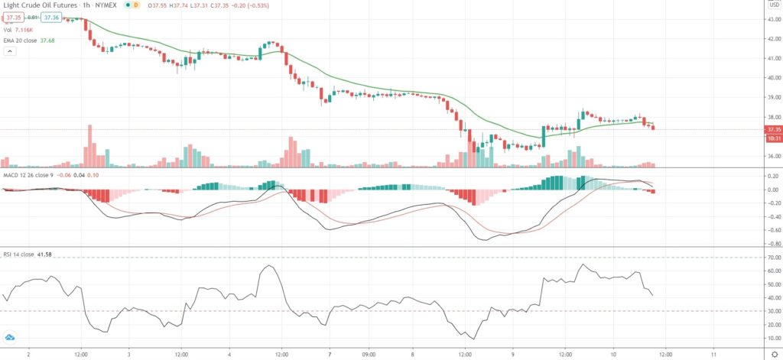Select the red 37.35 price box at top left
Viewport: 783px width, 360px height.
click(11, 17)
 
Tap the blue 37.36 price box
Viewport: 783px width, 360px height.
click(51, 17)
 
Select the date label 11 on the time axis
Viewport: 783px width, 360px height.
click(712, 355)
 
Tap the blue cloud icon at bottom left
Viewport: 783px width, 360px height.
click(11, 337)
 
